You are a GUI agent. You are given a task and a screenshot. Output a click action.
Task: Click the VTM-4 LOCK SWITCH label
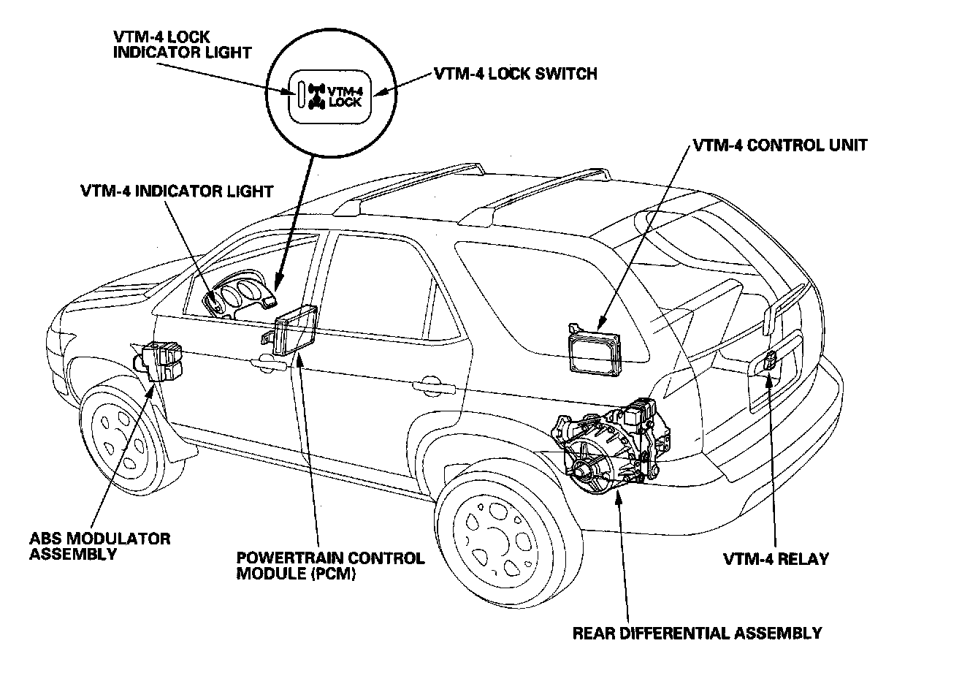pyautogui.click(x=515, y=73)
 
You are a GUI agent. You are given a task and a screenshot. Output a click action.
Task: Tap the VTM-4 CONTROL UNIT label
pyautogui.click(x=779, y=145)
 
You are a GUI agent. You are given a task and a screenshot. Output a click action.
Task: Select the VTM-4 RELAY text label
pyautogui.click(x=776, y=559)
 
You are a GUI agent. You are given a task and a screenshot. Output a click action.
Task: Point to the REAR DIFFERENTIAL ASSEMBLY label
pyautogui.click(x=697, y=633)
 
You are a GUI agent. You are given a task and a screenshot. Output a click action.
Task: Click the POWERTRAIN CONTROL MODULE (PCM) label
pyautogui.click(x=329, y=566)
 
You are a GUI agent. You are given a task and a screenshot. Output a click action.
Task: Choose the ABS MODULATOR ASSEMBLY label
pyautogui.click(x=99, y=546)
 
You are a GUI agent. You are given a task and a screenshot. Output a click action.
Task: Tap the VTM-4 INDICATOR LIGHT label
pyautogui.click(x=177, y=191)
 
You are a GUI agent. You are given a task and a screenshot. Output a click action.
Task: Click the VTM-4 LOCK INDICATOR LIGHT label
pyautogui.click(x=182, y=44)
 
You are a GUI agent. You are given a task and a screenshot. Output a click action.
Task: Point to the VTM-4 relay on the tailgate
pyautogui.click(x=770, y=360)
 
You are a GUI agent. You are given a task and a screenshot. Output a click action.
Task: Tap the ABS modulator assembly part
pyautogui.click(x=163, y=361)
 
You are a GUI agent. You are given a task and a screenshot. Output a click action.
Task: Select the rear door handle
pyautogui.click(x=429, y=383)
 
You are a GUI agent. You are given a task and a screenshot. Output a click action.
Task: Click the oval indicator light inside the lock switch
pyautogui.click(x=301, y=96)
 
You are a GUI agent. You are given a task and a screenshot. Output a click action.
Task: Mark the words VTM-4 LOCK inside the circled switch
pyautogui.click(x=345, y=96)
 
